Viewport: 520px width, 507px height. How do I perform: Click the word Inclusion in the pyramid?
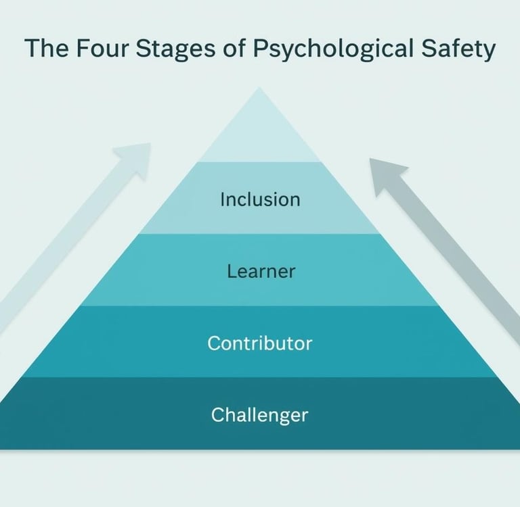coord(260,199)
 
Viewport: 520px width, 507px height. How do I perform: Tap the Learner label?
coord(260,271)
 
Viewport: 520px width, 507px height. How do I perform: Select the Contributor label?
coord(260,343)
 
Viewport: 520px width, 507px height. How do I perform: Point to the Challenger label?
coord(260,414)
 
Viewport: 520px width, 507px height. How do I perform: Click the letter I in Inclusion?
coord(223,199)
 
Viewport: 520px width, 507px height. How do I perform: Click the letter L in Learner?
coord(231,271)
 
